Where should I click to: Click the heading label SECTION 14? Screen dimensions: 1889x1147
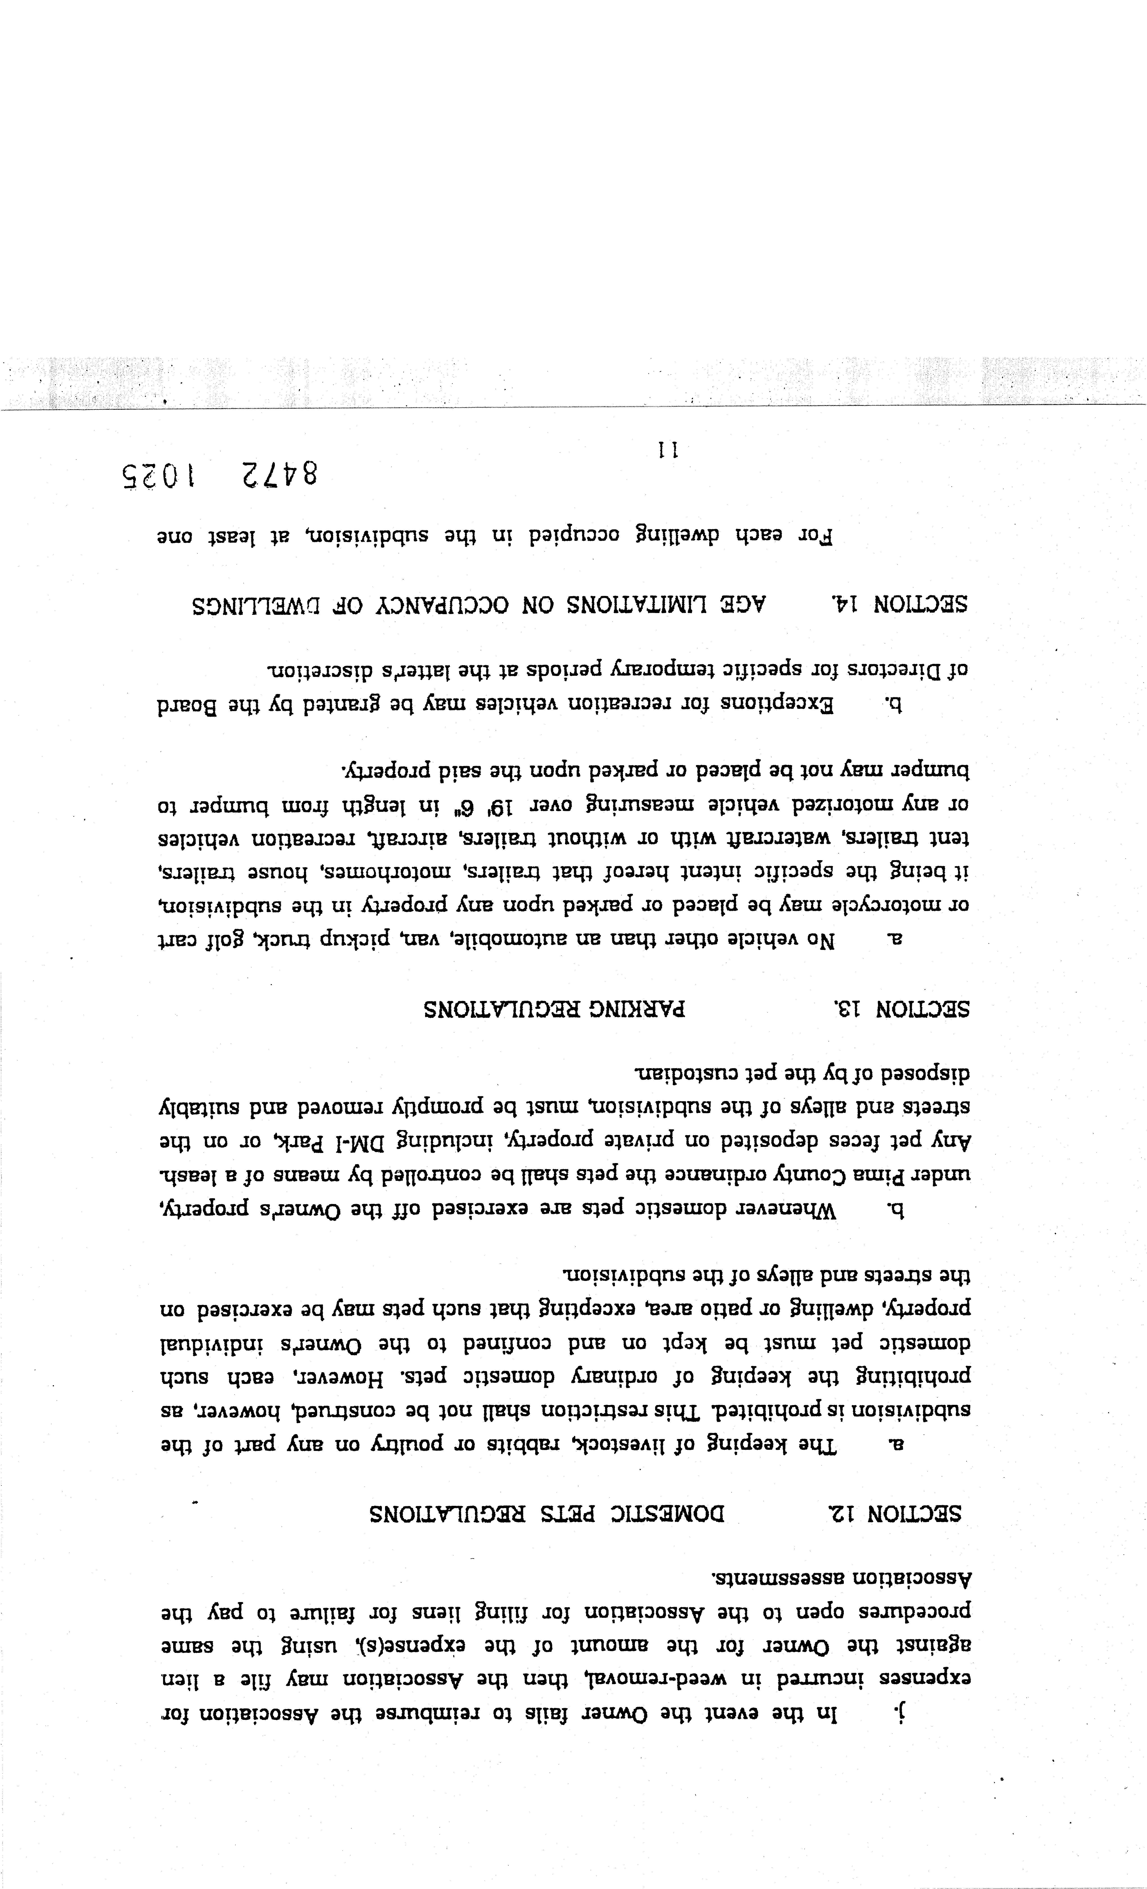(x=900, y=604)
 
